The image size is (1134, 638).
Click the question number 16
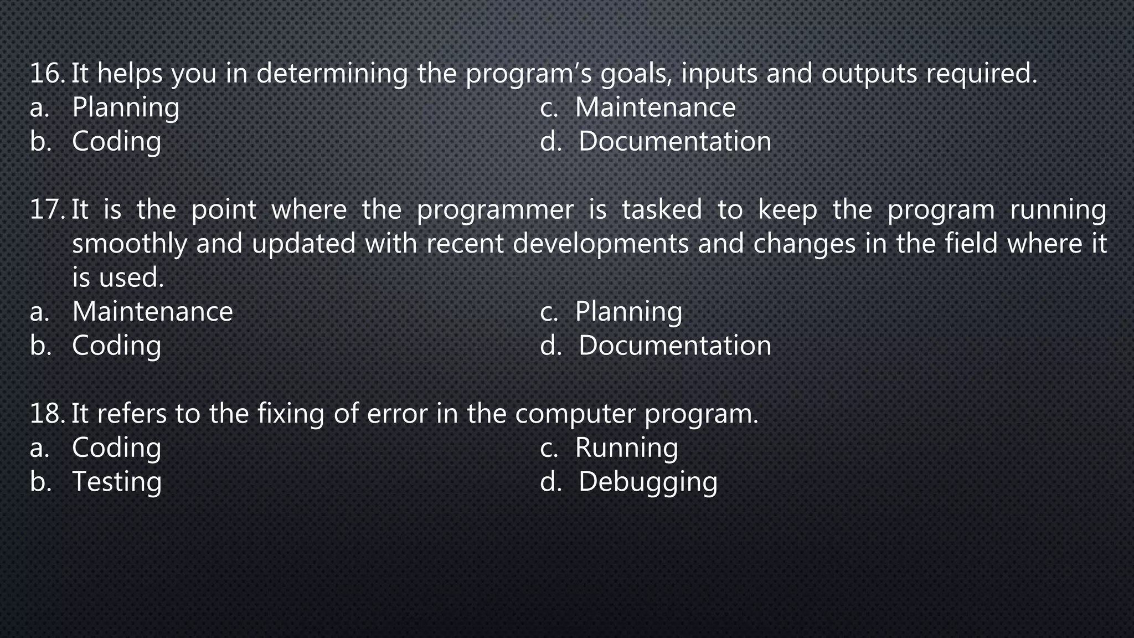tap(48, 74)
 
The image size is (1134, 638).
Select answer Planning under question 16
tap(126, 107)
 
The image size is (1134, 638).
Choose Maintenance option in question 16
tap(655, 107)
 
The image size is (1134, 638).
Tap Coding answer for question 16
tap(116, 142)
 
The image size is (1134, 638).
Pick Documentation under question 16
tap(674, 142)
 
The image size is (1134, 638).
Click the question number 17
tap(48, 210)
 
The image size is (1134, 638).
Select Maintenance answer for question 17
tap(152, 312)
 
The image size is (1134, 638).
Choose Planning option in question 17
tap(628, 312)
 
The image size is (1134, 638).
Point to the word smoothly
tap(130, 244)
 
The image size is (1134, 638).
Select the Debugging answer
tap(648, 482)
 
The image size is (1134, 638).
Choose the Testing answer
tap(117, 482)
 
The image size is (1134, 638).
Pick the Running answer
tap(626, 448)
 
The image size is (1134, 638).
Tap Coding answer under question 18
tap(116, 448)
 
